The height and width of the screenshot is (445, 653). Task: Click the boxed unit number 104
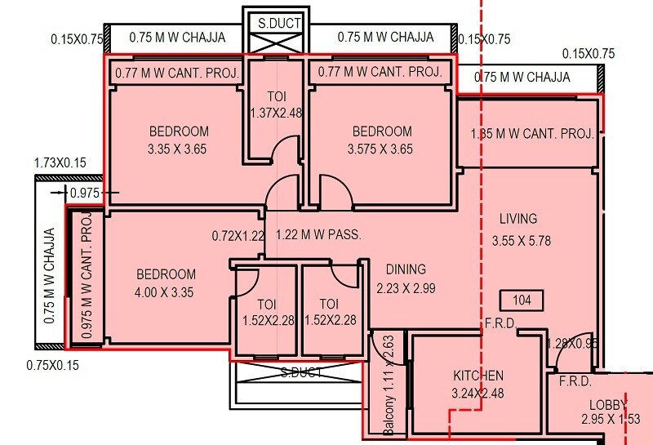[x=522, y=300]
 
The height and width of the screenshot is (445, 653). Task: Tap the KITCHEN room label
[x=478, y=376]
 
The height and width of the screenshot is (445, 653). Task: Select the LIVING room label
[x=518, y=218]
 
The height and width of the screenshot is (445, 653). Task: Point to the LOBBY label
[x=608, y=405]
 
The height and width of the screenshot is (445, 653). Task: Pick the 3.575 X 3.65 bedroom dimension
[x=380, y=149]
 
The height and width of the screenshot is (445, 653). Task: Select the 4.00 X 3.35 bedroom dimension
[x=166, y=292]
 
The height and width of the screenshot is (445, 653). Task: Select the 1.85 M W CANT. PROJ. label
[x=531, y=134]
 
